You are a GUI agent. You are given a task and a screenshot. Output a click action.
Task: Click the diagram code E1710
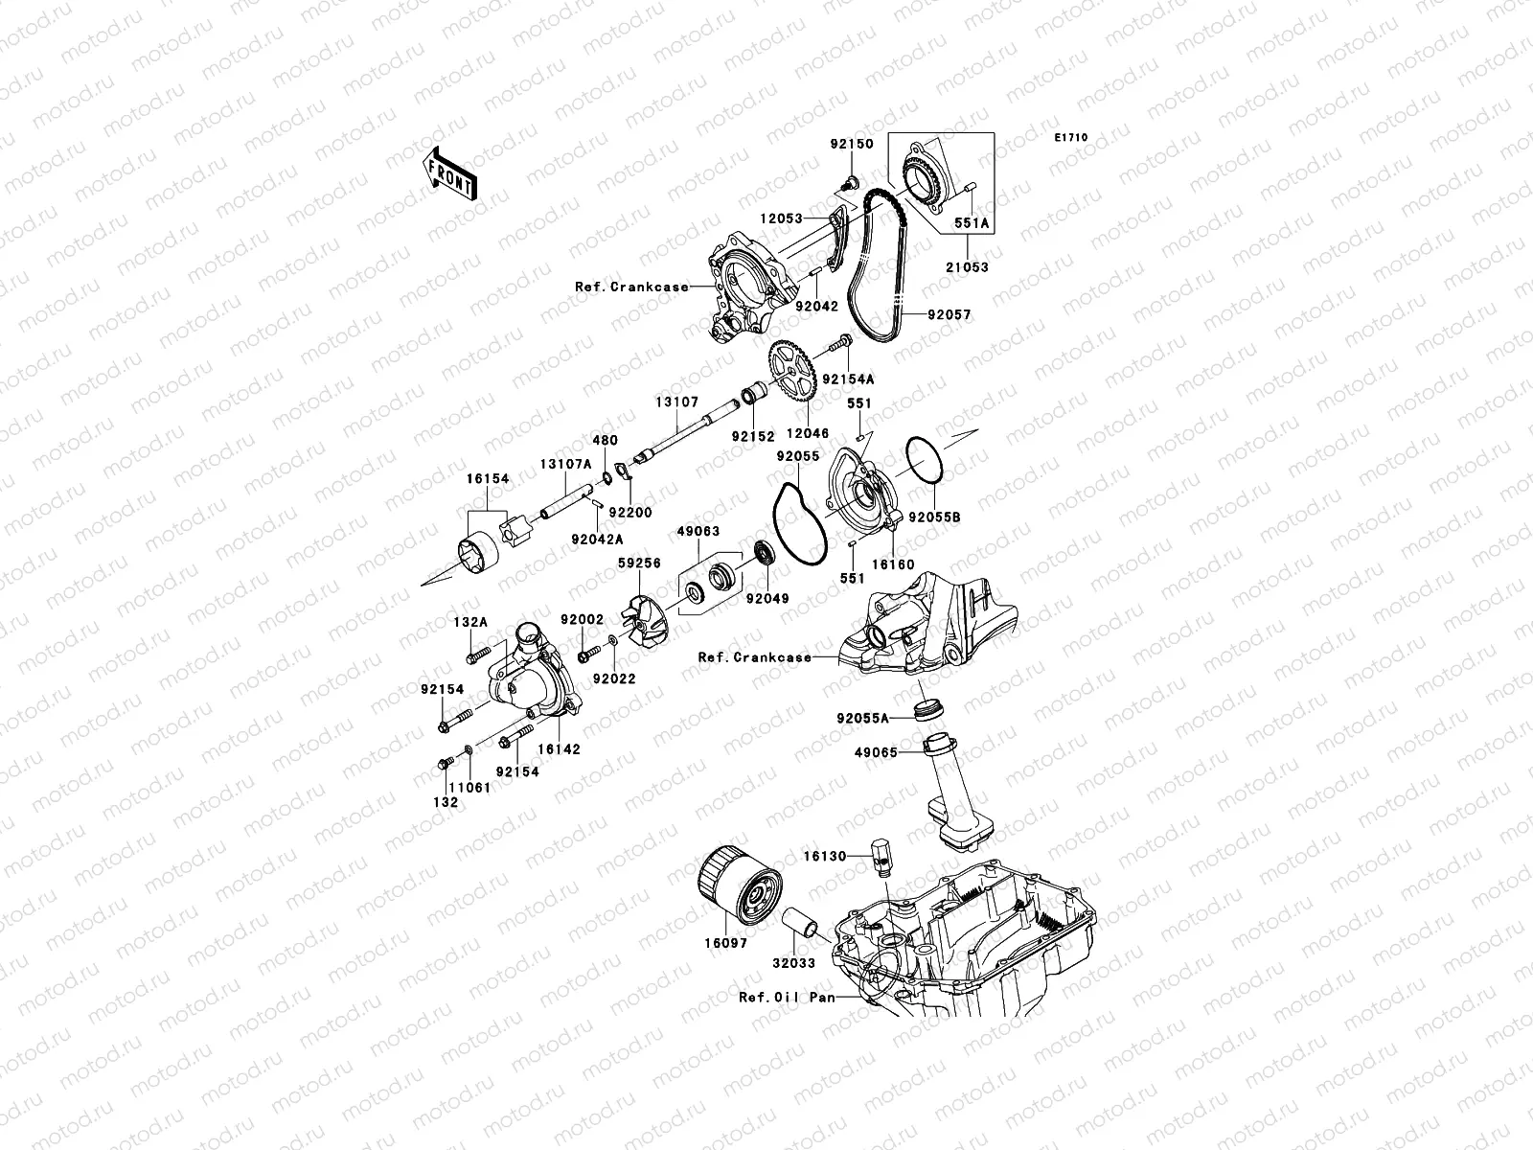pos(1071,138)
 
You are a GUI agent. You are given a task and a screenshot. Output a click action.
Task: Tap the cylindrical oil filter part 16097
pos(736,880)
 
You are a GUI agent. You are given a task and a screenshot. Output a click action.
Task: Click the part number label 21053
pos(968,267)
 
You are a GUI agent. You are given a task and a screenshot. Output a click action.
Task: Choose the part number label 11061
pos(470,786)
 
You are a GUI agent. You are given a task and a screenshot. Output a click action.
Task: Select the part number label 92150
pos(851,144)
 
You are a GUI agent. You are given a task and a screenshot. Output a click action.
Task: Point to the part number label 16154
pos(489,477)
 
